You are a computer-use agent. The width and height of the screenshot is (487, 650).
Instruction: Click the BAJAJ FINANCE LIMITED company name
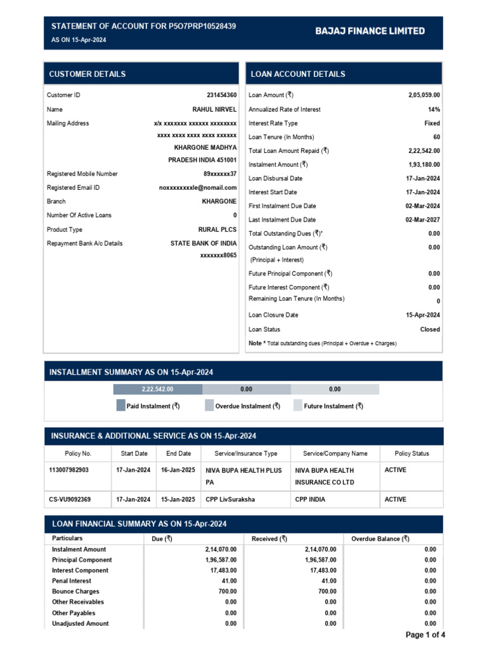pyautogui.click(x=370, y=31)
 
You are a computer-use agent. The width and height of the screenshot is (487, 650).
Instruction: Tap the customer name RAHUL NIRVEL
pyautogui.click(x=214, y=109)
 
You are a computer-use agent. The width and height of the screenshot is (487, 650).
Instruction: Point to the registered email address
pyautogui.click(x=197, y=188)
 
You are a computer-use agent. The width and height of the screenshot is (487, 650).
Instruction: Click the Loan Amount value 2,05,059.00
pyautogui.click(x=424, y=95)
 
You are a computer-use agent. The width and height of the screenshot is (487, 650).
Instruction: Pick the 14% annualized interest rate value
pyautogui.click(x=434, y=109)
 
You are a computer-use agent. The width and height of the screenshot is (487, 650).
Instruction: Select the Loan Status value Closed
pyautogui.click(x=429, y=329)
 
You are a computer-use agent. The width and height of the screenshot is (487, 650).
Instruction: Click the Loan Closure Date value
pyautogui.click(x=422, y=315)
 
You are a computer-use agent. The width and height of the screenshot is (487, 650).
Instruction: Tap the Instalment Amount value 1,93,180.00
pyautogui.click(x=424, y=165)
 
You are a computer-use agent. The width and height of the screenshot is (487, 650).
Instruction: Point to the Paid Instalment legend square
pyautogui.click(x=121, y=406)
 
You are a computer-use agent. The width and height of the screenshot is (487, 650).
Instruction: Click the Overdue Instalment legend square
pyautogui.click(x=209, y=406)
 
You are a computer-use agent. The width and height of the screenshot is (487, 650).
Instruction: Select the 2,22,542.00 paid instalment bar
pyautogui.click(x=157, y=389)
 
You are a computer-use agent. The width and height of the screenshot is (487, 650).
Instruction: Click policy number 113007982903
pyautogui.click(x=69, y=470)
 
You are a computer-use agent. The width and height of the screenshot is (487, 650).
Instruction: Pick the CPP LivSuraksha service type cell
pyautogui.click(x=230, y=500)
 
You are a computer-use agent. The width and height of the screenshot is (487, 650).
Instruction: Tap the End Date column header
pyautogui.click(x=178, y=454)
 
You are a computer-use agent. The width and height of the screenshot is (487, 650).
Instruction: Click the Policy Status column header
pyautogui.click(x=412, y=454)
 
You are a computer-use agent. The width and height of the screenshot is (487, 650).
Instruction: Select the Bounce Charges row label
pyautogui.click(x=75, y=592)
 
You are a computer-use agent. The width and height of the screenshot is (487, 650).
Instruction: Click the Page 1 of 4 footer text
pyautogui.click(x=425, y=635)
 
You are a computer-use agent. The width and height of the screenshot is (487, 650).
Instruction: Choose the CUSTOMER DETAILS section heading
pyautogui.click(x=88, y=74)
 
